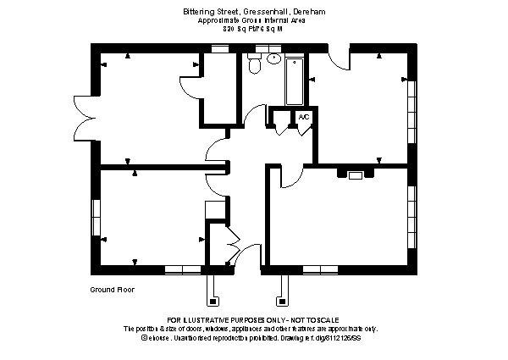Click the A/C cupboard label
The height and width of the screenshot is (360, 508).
304,116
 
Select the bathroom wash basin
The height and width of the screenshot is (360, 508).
273,59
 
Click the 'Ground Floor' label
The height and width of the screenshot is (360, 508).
112,289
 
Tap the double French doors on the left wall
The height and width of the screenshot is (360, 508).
85,114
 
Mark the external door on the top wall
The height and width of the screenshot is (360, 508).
338,58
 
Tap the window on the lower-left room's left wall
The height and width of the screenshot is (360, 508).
96,218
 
